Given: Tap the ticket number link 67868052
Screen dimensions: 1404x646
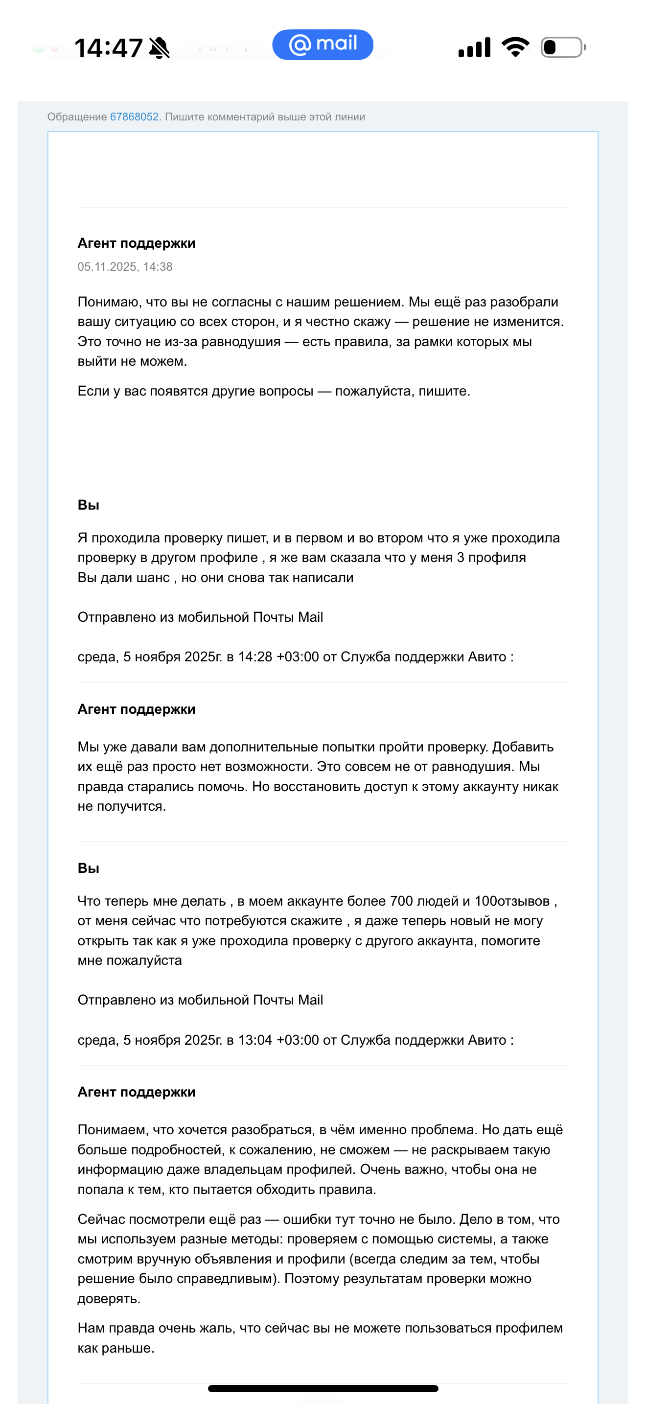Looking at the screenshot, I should [134, 117].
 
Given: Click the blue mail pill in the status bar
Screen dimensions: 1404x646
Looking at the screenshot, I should [323, 45].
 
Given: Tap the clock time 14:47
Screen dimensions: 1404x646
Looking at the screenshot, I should [108, 48].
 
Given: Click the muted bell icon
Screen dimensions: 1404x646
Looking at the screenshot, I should [159, 48].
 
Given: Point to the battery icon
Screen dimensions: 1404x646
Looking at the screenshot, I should [563, 47].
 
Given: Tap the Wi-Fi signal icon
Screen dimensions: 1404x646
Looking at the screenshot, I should [515, 47].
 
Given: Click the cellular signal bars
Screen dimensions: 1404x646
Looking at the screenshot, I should [474, 47].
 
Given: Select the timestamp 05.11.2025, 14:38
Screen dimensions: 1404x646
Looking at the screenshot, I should [125, 266].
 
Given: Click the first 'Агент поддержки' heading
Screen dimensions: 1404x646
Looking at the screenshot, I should [136, 243].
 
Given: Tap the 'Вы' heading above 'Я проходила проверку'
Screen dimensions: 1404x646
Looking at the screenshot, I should [88, 505].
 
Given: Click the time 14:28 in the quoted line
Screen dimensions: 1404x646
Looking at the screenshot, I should [255, 657].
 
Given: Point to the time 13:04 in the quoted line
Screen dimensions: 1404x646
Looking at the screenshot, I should [255, 1040].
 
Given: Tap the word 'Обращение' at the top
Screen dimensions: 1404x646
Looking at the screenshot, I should [77, 117].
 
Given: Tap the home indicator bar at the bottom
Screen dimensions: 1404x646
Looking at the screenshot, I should [323, 1388].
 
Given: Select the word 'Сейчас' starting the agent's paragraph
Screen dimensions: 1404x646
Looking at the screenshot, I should [100, 1219].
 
